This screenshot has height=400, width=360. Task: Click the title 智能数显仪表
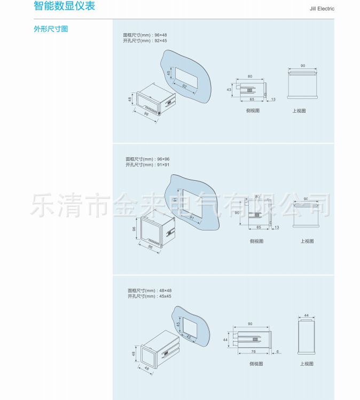64,7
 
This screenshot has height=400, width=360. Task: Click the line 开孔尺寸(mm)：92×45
145,41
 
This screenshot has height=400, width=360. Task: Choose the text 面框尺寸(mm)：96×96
148,159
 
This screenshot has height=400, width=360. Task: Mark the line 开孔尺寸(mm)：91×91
148,165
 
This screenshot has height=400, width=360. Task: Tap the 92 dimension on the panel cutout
184,86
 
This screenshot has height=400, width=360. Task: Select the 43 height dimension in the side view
229,89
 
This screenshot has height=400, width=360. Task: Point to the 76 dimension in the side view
253,351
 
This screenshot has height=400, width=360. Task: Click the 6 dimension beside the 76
278,351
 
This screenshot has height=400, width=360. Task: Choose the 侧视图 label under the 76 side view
256,364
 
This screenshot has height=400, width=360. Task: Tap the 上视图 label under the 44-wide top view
307,364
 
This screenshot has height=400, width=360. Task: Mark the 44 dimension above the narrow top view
307,316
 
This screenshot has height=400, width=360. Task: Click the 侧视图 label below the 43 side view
253,111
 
